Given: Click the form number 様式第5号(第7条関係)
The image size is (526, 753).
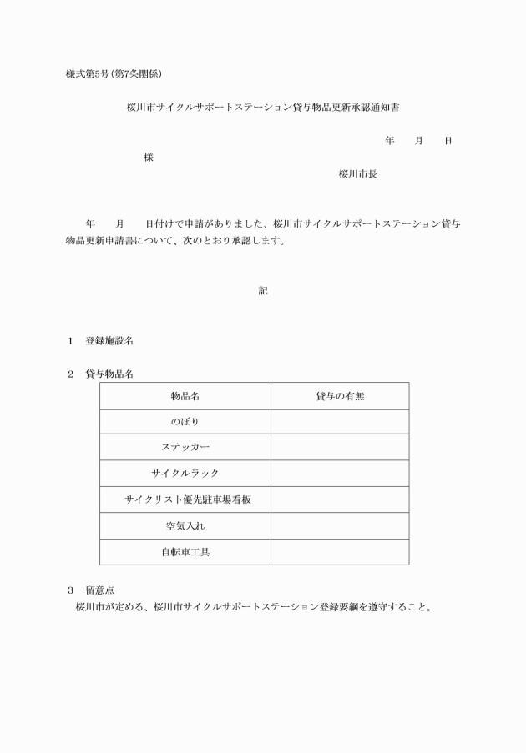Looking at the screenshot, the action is (x=114, y=73).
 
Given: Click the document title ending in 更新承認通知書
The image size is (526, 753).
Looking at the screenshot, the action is (x=263, y=108).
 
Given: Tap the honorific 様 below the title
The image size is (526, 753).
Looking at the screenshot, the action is (x=149, y=157).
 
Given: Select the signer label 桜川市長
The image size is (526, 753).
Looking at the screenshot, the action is (x=357, y=173).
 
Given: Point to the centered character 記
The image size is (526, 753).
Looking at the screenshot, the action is (x=263, y=291).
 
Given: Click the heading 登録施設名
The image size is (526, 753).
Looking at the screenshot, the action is (x=109, y=341).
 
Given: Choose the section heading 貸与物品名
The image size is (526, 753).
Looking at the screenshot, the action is (x=109, y=374).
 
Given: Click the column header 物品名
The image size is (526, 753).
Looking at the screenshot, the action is (x=185, y=396).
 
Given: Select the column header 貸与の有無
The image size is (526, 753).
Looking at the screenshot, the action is (x=340, y=396).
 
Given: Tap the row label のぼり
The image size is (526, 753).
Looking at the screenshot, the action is (x=185, y=422).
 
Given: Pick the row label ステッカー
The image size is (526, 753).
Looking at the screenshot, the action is (x=185, y=447).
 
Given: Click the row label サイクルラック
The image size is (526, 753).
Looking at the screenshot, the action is (x=185, y=473).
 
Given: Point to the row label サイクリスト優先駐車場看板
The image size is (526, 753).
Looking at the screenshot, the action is (x=185, y=499).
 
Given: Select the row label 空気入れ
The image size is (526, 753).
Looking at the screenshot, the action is (x=185, y=526).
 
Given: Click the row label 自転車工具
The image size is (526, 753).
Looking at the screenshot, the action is (x=185, y=552).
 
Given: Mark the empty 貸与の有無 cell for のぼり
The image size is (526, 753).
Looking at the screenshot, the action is (x=340, y=422).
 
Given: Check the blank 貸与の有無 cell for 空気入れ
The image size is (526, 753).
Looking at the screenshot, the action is (x=340, y=526).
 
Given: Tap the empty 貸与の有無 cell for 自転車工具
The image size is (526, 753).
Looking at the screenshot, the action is (x=340, y=552).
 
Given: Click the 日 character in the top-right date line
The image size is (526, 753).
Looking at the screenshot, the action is (x=448, y=141).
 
